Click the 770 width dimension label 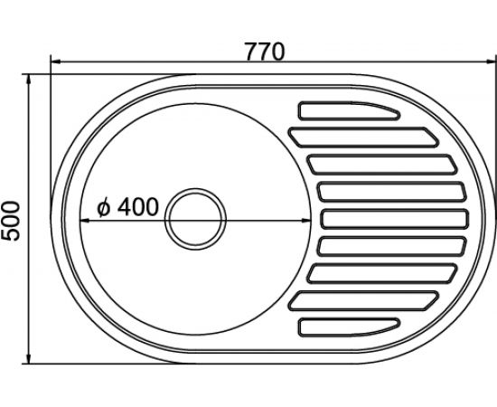[265, 52]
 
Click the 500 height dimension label [11, 221]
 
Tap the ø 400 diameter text [127, 207]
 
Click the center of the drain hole [195, 219]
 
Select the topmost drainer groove [349, 111]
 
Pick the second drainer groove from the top [363, 137]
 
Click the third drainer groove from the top [382, 165]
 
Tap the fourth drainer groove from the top [392, 192]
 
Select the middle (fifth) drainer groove [395, 219]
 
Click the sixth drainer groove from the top [392, 247]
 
